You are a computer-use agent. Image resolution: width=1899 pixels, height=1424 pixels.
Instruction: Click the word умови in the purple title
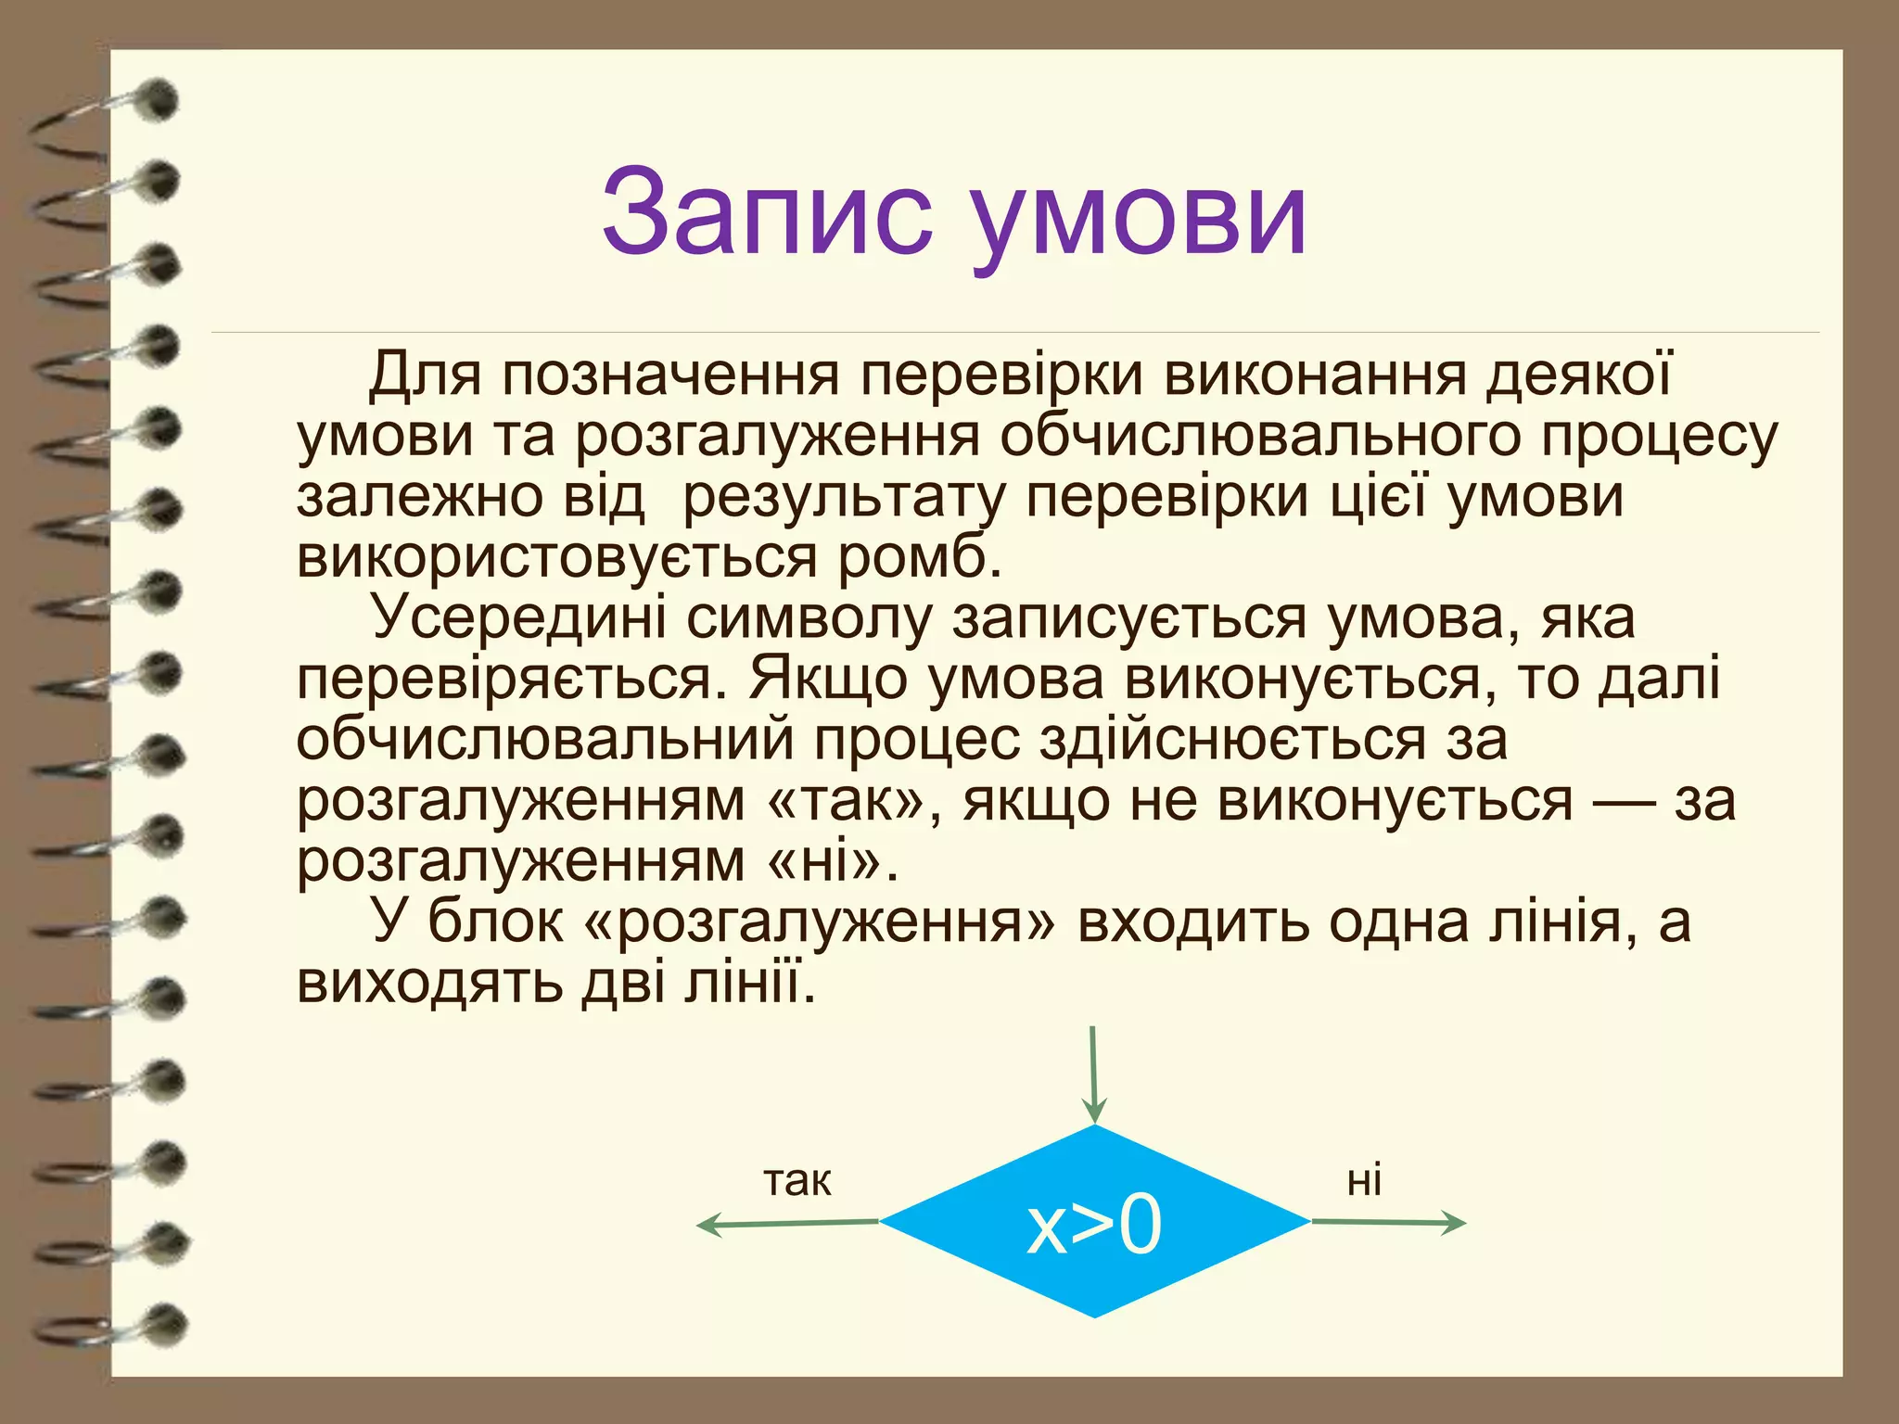click(x=1141, y=218)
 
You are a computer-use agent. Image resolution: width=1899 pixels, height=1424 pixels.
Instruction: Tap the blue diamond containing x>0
click(x=1094, y=1222)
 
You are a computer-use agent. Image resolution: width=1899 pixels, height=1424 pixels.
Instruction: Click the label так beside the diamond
click(x=797, y=1181)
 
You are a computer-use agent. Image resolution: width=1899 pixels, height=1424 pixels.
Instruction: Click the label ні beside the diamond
click(x=1364, y=1181)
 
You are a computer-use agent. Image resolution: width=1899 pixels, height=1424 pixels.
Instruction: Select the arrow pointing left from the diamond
click(x=788, y=1225)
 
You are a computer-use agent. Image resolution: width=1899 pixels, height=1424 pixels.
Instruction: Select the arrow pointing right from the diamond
click(x=1388, y=1223)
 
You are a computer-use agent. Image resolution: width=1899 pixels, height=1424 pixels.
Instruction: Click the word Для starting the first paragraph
click(x=426, y=376)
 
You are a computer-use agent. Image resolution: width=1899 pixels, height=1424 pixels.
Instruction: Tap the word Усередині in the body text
click(x=518, y=618)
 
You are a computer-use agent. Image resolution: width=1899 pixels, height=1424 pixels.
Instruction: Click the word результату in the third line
click(x=843, y=498)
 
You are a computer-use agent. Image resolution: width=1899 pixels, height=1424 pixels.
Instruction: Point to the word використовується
click(x=556, y=558)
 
